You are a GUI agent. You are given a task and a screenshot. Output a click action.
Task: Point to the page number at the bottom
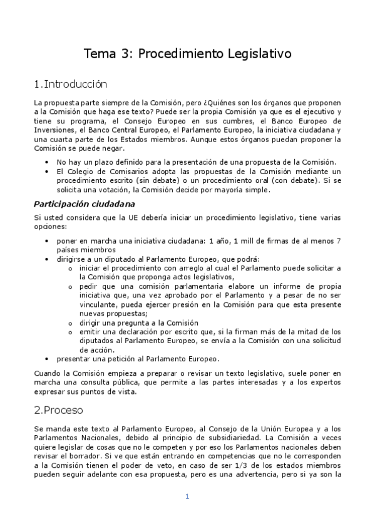tap(187, 497)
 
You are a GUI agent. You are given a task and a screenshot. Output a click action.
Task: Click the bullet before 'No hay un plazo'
tap(48, 162)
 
